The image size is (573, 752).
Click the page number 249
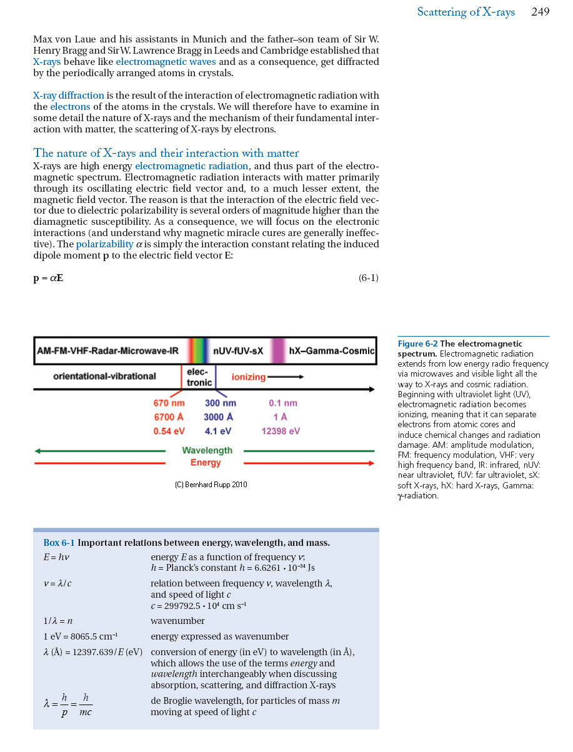[x=541, y=12]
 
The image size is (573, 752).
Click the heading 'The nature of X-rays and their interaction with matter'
[x=166, y=153]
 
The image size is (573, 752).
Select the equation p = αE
[x=48, y=278]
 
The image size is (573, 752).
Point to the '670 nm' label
[x=169, y=403]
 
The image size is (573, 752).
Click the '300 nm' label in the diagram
[x=220, y=403]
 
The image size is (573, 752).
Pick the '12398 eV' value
[x=281, y=431]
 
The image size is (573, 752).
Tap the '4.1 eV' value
[x=219, y=431]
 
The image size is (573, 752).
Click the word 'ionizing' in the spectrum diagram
[x=249, y=377]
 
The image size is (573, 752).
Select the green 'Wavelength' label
[x=207, y=450]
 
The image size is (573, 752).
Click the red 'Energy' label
[x=206, y=463]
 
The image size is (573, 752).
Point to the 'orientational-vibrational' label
[x=104, y=376]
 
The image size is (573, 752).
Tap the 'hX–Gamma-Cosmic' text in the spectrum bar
[x=331, y=351]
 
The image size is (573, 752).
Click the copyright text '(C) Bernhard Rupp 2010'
[x=211, y=484]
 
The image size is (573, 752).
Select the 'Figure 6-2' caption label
[x=417, y=344]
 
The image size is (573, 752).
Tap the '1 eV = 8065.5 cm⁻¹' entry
[x=81, y=636]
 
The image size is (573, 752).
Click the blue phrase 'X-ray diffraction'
[x=69, y=96]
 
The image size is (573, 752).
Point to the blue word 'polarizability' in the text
[x=104, y=244]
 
